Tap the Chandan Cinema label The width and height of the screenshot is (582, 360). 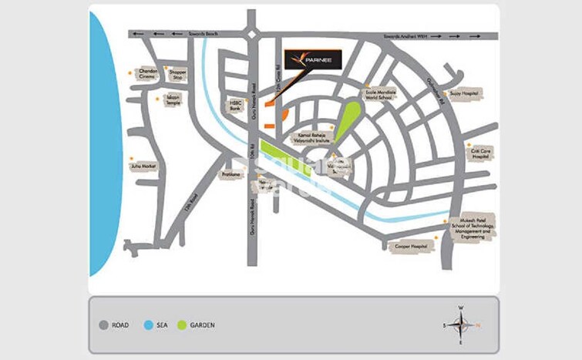(x=148, y=75)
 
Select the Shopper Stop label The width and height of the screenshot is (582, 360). (x=179, y=75)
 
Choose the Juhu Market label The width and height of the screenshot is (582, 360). (x=144, y=167)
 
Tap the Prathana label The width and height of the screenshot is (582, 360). (x=231, y=174)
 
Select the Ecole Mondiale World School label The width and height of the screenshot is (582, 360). (x=380, y=96)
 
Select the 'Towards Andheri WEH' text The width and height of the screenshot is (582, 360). (x=404, y=34)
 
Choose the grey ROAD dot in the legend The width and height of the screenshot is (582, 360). (x=103, y=325)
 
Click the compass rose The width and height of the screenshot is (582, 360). (x=461, y=324)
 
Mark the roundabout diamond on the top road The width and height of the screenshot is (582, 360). (x=252, y=34)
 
